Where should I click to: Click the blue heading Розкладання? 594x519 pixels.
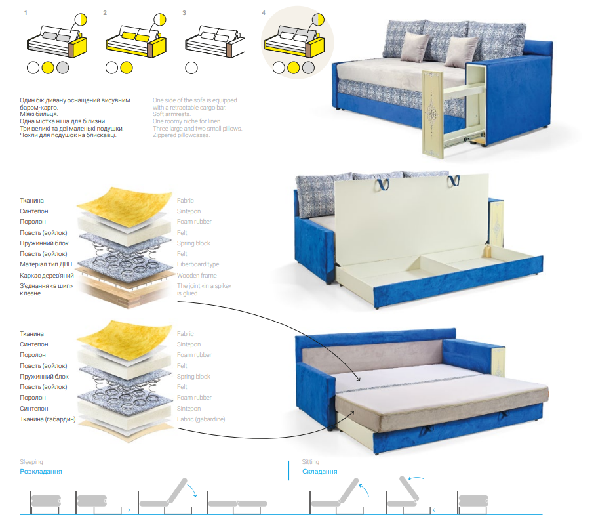coord(41,471)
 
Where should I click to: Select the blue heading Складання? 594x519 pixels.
coord(319,471)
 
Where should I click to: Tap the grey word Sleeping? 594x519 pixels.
coord(31,462)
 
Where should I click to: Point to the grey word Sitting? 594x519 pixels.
coord(310,462)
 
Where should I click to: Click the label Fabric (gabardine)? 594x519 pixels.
coord(201,419)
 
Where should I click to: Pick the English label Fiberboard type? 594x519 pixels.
coord(198,264)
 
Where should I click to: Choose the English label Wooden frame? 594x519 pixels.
coord(197,275)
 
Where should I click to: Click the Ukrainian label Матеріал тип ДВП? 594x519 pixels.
coord(46,264)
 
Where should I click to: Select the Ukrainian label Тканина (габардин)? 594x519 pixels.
coord(48,419)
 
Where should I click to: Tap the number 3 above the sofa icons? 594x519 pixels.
coord(184,13)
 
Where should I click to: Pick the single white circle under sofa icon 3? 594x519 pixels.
coord(191,68)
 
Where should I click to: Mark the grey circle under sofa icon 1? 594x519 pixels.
coord(62,68)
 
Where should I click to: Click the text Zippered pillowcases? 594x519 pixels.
coord(181,135)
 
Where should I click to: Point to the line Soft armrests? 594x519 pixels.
coord(172,114)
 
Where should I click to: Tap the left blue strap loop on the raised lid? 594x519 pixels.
coord(382,184)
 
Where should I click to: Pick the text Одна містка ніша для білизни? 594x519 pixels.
coord(63,121)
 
